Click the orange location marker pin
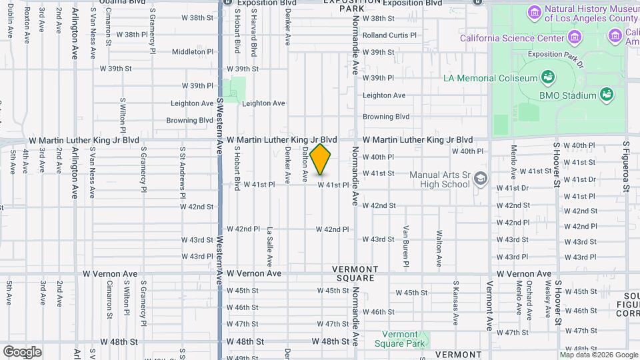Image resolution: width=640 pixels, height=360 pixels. coord(321,159)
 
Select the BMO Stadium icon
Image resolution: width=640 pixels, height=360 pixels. coord(607,95)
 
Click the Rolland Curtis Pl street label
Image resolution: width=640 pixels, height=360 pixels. coord(389,35)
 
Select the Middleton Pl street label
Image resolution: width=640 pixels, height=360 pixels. coord(193,51)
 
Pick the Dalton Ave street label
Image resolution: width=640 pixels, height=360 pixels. coord(305,165)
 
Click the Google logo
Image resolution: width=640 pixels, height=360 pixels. coord(22,352)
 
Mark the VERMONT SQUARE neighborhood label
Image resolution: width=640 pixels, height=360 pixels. coord(355,273)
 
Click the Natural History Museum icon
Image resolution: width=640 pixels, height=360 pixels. coord(533,13)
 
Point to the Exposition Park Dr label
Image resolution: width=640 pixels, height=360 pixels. coord(555,54)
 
